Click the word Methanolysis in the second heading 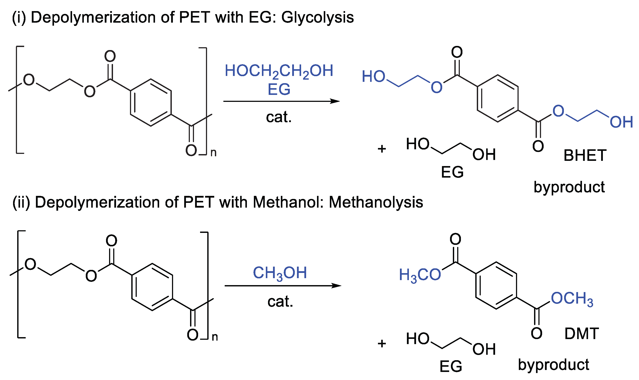tap(376, 202)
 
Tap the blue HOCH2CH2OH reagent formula tap(279, 71)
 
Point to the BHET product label tap(585, 155)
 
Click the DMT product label tap(581, 334)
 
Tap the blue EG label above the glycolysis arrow tap(279, 89)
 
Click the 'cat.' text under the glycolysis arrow tap(279, 117)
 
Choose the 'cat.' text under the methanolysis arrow tap(280, 301)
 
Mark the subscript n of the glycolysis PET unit tap(213, 153)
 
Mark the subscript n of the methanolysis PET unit tap(215, 337)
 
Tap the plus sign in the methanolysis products tap(382, 344)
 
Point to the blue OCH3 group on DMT tap(572, 299)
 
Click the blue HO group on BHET tap(373, 77)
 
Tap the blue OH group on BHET tap(621, 122)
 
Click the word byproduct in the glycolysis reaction tap(569, 187)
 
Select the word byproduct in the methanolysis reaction tap(553, 365)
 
